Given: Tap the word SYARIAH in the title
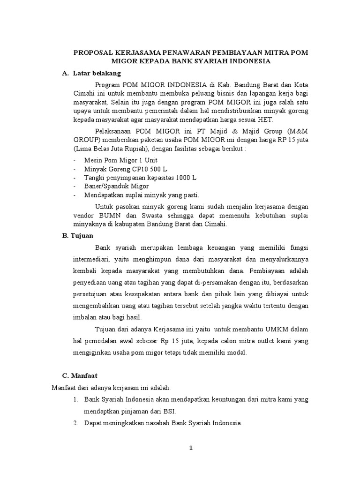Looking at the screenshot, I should click(220, 61).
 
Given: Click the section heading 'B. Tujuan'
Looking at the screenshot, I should click(78, 235).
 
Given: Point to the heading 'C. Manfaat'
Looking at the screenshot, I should click(80, 375).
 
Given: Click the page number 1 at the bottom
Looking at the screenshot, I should click(191, 448).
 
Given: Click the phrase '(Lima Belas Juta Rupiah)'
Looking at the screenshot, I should click(112, 148).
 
